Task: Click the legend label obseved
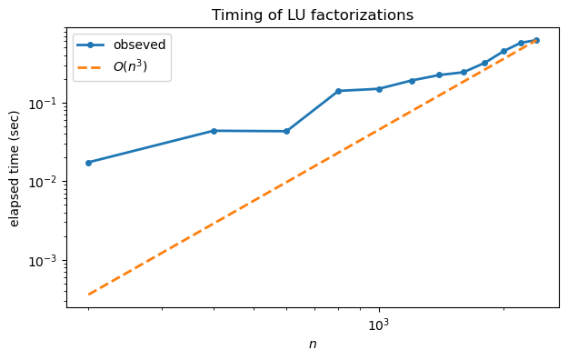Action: click(x=139, y=45)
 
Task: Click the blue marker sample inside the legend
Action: click(x=93, y=45)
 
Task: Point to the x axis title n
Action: click(x=313, y=345)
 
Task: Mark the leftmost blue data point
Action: click(x=88, y=163)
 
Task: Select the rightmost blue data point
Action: click(x=536, y=40)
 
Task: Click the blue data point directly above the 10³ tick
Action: click(x=379, y=89)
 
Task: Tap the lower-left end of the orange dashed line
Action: click(x=88, y=295)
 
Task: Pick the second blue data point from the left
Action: click(x=214, y=131)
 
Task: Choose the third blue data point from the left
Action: click(x=286, y=131)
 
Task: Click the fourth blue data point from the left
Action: click(x=338, y=91)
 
